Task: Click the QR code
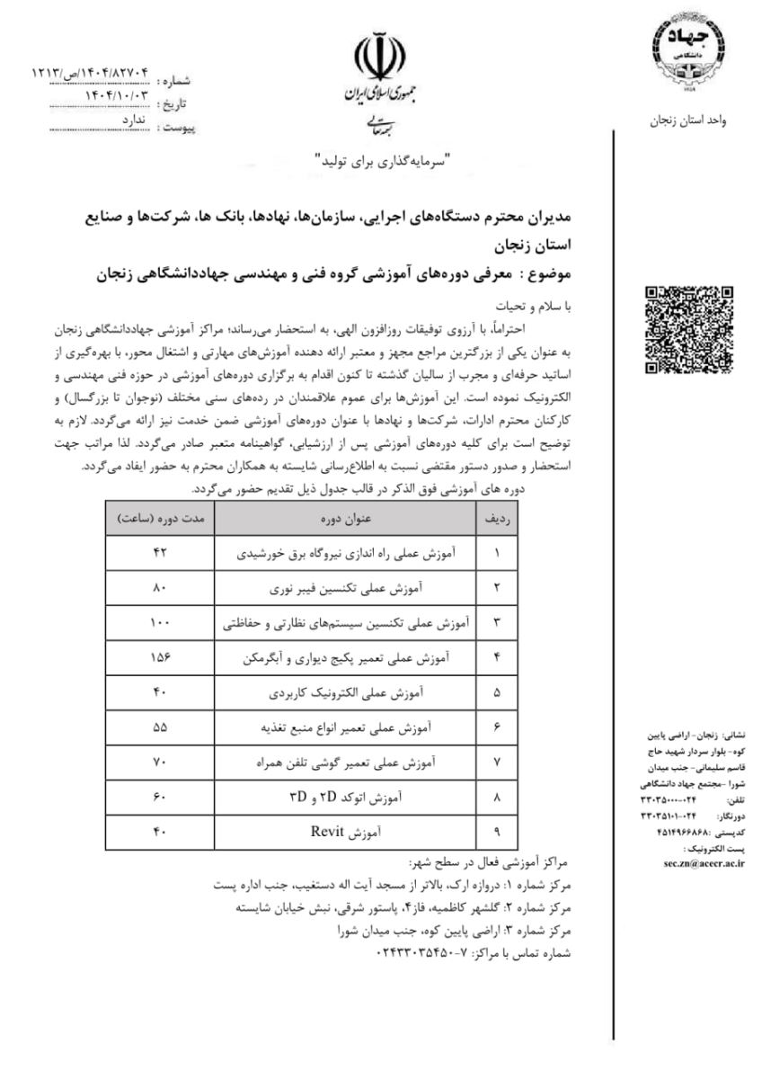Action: click(x=690, y=330)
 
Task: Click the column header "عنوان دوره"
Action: click(x=353, y=521)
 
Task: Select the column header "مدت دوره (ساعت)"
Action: click(x=162, y=521)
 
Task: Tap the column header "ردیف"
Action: click(x=495, y=521)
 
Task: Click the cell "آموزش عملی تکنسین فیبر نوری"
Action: click(x=353, y=589)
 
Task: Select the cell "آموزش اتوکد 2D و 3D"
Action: click(x=353, y=798)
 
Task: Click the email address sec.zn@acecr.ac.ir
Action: click(x=690, y=861)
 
